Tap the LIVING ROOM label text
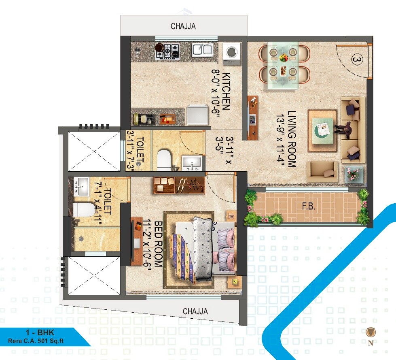click(292, 139)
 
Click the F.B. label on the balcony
click(309, 207)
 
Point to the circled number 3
click(356, 60)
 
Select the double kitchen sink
click(202, 50)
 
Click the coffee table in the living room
click(322, 127)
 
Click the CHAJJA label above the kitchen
click(183, 26)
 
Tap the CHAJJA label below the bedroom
click(195, 311)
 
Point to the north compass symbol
click(370, 332)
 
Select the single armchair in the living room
click(322, 171)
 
